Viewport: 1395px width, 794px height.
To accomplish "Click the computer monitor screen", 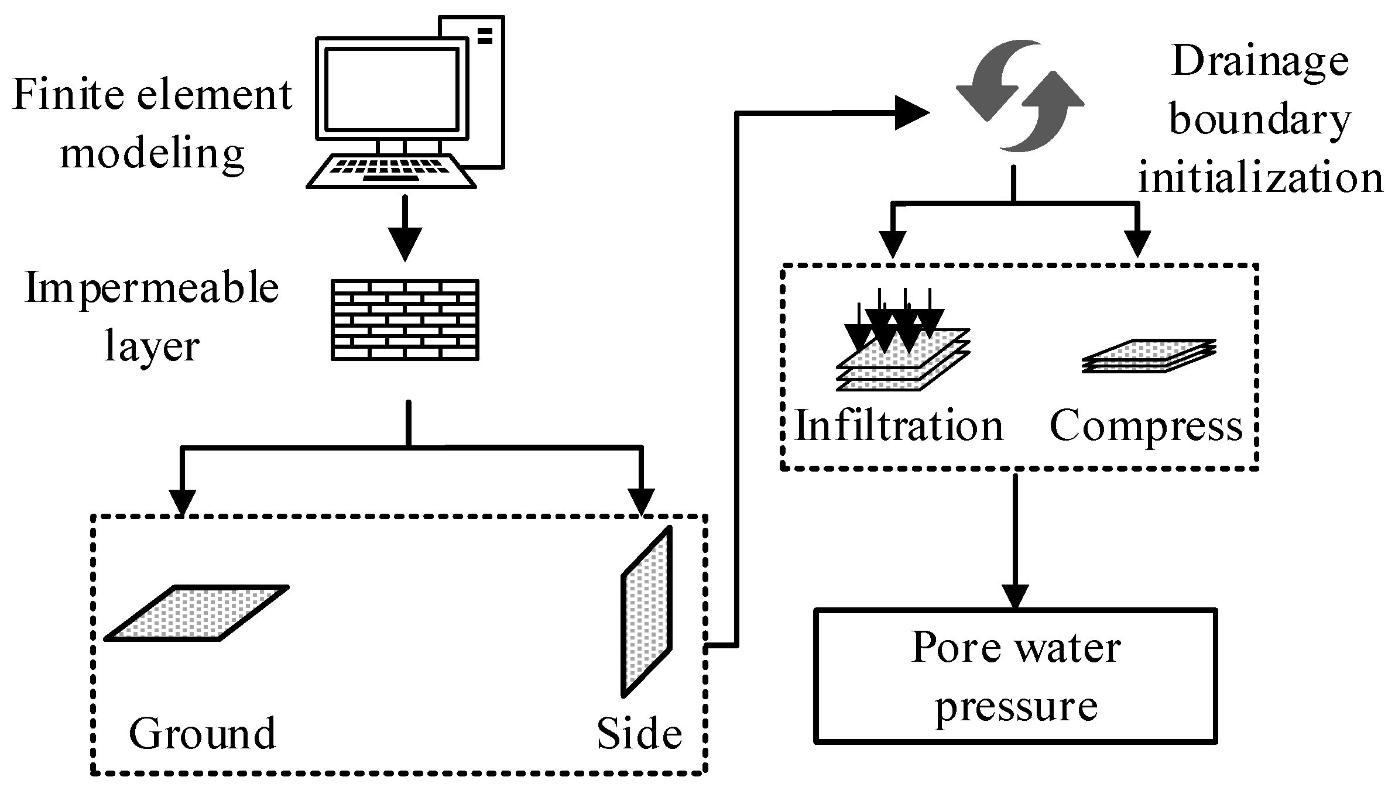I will click(391, 90).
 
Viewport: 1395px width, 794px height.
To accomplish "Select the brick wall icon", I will click(405, 319).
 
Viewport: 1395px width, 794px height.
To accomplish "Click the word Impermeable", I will click(152, 288).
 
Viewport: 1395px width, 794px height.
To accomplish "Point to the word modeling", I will click(152, 153).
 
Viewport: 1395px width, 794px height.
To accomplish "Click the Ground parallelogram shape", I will click(197, 613).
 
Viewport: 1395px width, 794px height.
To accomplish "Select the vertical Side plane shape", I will click(646, 612).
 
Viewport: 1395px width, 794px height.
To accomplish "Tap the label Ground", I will click(202, 733).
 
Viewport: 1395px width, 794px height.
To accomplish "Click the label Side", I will click(639, 733).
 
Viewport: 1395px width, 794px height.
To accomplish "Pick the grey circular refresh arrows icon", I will click(1019, 96).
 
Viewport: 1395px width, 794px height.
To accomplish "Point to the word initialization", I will click(1260, 177).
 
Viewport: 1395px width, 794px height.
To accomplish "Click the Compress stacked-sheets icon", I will click(1148, 356).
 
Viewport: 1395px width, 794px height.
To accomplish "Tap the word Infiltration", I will click(899, 425).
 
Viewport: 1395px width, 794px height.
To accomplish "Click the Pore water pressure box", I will click(1016, 676).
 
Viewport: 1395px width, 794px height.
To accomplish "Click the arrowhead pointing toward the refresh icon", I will click(911, 113).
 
